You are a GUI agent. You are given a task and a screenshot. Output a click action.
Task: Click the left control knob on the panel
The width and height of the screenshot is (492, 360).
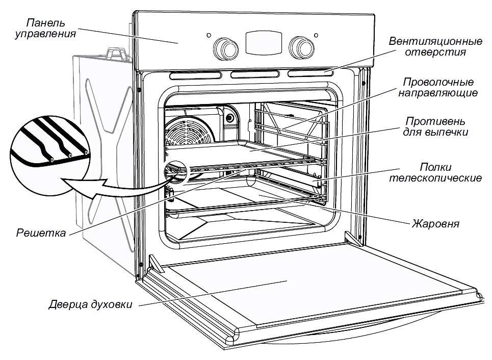pyautogui.click(x=224, y=46)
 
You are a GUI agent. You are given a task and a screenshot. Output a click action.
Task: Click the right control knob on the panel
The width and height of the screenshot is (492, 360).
pyautogui.click(x=300, y=46)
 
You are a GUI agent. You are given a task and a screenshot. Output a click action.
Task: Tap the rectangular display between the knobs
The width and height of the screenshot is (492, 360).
pyautogui.click(x=262, y=42)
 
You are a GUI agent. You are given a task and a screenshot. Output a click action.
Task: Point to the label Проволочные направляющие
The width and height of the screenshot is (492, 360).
pyautogui.click(x=438, y=88)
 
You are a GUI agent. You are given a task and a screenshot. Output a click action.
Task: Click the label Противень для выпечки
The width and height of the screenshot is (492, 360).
pyautogui.click(x=436, y=127)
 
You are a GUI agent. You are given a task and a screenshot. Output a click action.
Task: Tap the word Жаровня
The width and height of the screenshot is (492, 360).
pyautogui.click(x=436, y=224)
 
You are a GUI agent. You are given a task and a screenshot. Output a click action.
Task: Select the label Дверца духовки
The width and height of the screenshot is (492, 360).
pyautogui.click(x=91, y=305)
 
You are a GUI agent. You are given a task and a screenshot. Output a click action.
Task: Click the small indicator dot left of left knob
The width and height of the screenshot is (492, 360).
pyautogui.click(x=209, y=36)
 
